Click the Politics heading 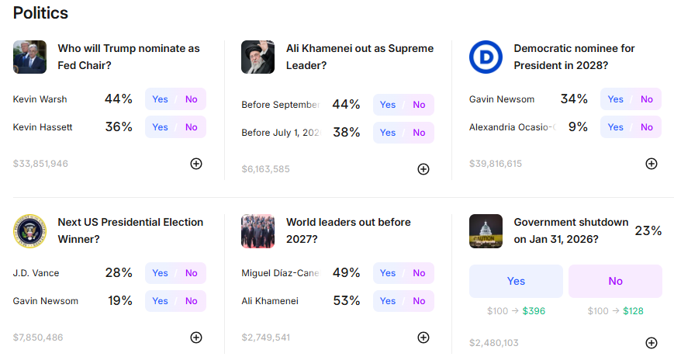click(40, 13)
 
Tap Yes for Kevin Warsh click(161, 99)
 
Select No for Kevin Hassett click(191, 127)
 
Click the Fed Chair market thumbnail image click(29, 57)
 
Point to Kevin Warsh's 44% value click(119, 99)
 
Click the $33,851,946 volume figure click(40, 164)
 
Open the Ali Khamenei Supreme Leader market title click(359, 57)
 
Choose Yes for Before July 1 click(388, 133)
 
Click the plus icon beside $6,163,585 click(423, 169)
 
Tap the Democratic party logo click(486, 57)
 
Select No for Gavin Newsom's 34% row click(647, 99)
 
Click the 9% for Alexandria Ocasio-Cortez click(578, 127)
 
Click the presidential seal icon click(29, 231)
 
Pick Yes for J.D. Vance click(161, 273)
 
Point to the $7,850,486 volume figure click(38, 337)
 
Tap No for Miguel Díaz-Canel click(419, 273)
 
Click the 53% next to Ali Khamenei click(347, 301)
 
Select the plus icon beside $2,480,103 click(652, 343)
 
